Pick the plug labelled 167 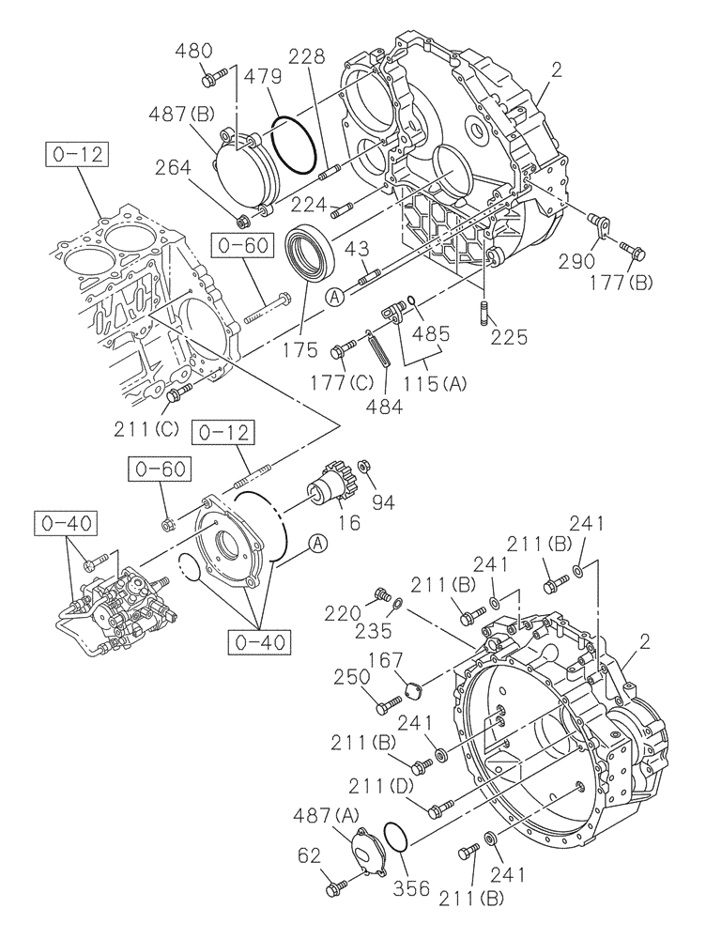click(407, 695)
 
